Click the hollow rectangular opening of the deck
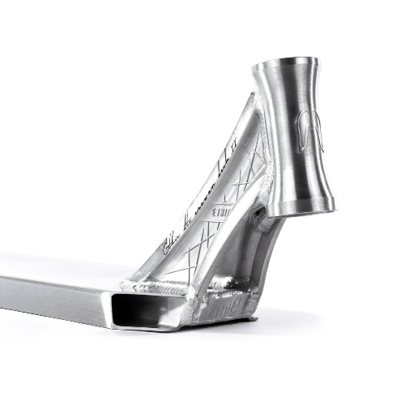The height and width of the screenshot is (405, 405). (x=150, y=311)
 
